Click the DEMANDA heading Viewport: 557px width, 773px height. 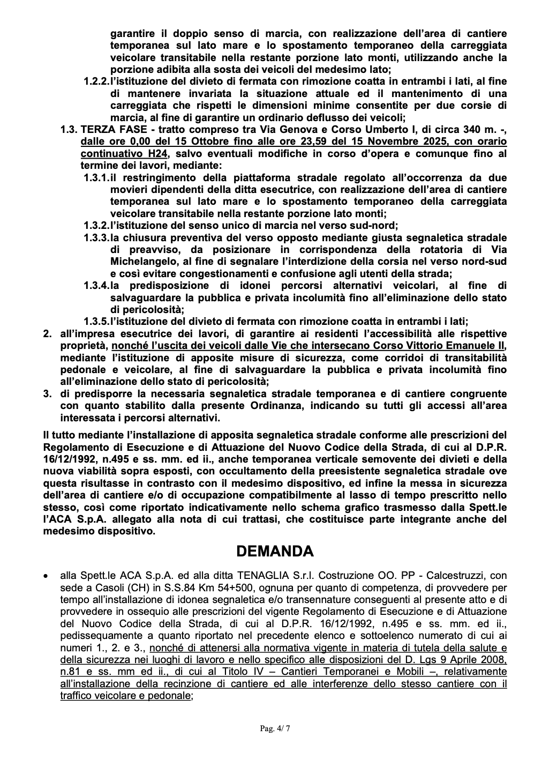click(x=275, y=551)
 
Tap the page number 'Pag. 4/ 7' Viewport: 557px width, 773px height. click(x=275, y=728)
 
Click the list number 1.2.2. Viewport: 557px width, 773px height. click(x=96, y=81)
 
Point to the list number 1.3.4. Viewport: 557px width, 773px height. click(x=96, y=286)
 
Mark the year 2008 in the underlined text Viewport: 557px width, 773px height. click(x=495, y=659)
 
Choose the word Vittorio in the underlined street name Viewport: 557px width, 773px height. click(x=398, y=346)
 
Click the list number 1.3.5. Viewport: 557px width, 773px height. click(x=96, y=322)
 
